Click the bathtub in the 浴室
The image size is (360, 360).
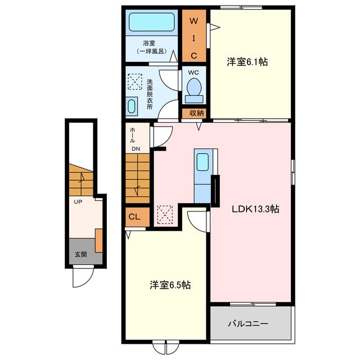click(151, 22)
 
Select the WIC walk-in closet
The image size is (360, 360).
click(194, 35)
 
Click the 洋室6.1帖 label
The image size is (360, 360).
click(247, 62)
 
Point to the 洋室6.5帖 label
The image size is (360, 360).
click(170, 285)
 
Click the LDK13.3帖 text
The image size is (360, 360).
click(255, 209)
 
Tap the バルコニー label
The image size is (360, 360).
click(248, 324)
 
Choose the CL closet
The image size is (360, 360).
click(137, 217)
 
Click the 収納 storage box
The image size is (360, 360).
click(194, 113)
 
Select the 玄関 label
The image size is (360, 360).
click(81, 254)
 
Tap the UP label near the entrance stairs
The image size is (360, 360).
click(78, 202)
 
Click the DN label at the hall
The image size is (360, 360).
click(136, 148)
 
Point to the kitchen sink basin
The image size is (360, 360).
click(202, 162)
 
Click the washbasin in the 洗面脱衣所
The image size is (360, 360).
click(132, 106)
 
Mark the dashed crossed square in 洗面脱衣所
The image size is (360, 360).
click(135, 82)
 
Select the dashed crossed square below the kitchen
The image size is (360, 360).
click(165, 215)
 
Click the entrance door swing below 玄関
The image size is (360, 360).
click(83, 276)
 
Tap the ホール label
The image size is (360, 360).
click(133, 135)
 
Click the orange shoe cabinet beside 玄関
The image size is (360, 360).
click(99, 240)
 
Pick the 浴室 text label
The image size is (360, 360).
click(149, 43)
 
